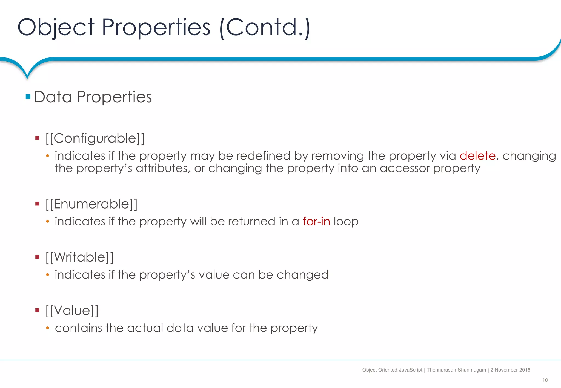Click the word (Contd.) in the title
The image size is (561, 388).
point(265,27)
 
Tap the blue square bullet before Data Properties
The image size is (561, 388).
point(28,97)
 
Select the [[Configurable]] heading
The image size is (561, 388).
point(95,138)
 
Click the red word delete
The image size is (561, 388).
point(477,156)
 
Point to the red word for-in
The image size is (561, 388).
point(316,221)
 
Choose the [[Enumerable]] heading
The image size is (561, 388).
point(91,204)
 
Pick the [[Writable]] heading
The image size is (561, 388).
point(79,257)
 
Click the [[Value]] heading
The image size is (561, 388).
point(72,311)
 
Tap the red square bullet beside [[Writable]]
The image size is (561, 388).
point(38,257)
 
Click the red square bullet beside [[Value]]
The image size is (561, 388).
point(38,310)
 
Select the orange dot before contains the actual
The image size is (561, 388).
point(48,328)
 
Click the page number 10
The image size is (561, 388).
point(545,380)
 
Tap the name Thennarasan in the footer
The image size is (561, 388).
point(441,370)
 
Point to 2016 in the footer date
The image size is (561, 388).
point(525,370)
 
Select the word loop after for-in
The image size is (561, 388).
point(346,221)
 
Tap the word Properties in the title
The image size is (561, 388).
point(156,27)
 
